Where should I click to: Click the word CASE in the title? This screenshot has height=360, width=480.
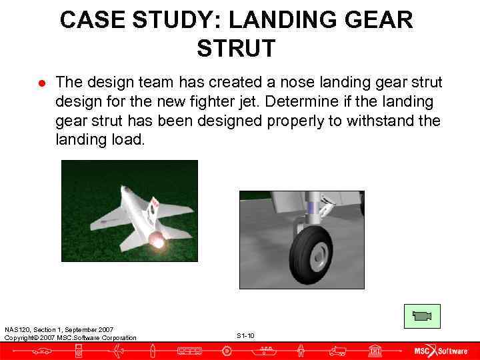point(90,20)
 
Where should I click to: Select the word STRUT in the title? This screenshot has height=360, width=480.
point(236,49)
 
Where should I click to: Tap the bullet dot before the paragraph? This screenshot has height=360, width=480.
point(41,83)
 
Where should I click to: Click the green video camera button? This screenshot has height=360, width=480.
point(421,315)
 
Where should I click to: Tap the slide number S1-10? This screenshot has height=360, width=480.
point(245,335)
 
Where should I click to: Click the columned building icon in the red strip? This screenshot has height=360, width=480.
point(375,351)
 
